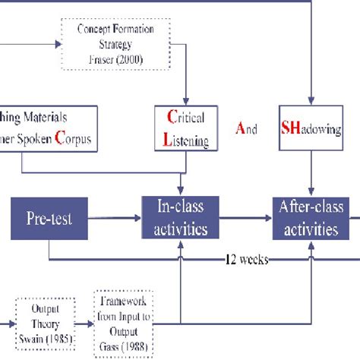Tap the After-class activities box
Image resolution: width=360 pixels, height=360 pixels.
pos(309,217)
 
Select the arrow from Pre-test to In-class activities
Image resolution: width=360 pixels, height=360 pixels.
pos(117,217)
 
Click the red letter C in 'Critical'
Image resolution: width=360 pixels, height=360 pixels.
pos(170,117)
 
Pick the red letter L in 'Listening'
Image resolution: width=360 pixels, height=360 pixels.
pos(169,139)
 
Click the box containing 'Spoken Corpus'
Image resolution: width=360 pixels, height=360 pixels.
pos(49,128)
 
